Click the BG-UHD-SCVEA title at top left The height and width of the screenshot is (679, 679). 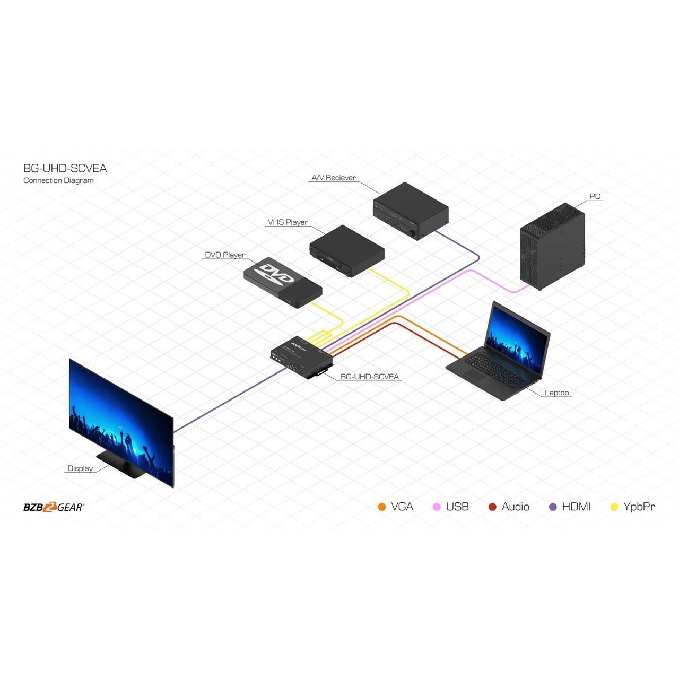click(65, 168)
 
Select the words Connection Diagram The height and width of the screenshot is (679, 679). click(58, 180)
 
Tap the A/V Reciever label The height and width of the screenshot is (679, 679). click(334, 178)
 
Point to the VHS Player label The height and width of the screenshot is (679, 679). click(288, 222)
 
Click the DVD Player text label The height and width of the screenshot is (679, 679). click(225, 255)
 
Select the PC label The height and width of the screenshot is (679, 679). click(595, 196)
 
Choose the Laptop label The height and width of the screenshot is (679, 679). click(556, 393)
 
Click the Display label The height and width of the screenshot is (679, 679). click(80, 468)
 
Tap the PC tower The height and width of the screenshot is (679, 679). click(552, 246)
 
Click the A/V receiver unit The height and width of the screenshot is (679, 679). click(411, 211)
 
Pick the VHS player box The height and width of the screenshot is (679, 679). click(347, 251)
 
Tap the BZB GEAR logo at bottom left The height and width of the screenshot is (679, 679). click(54, 507)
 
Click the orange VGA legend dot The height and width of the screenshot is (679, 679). click(381, 507)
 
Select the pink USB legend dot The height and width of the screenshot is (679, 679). click(437, 507)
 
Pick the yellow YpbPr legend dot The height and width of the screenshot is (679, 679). click(614, 507)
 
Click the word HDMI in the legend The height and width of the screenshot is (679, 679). click(576, 507)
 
